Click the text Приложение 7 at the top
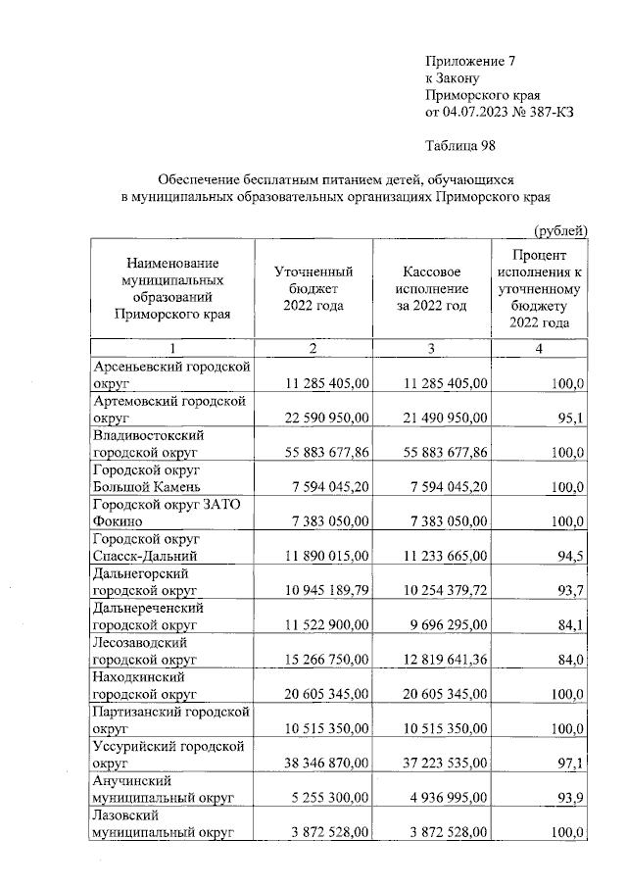(469, 61)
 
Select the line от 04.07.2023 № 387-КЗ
(499, 113)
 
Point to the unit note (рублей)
(559, 230)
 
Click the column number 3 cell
(432, 348)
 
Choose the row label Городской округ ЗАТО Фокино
(160, 511)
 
